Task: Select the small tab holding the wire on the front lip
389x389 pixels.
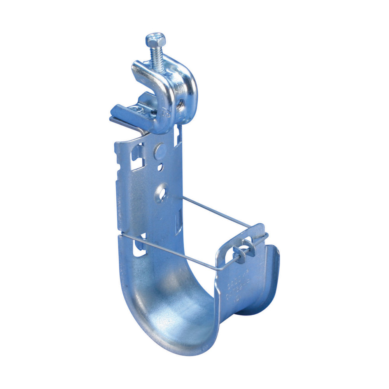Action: point(243,249)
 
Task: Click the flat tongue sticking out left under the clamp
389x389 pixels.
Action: point(121,113)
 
